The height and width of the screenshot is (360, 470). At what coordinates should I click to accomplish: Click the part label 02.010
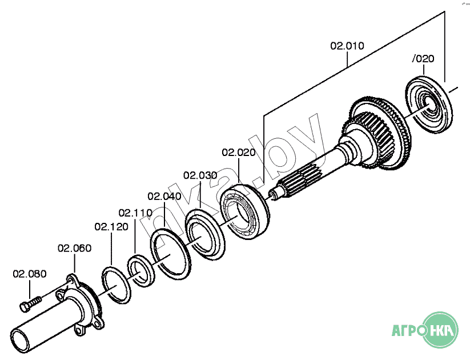pos(347,46)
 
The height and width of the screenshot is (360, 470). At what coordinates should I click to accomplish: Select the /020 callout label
pos(423,59)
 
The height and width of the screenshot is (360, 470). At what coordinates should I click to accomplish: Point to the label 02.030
pos(200,175)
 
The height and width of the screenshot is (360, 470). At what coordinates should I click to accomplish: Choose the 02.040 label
pos(164,197)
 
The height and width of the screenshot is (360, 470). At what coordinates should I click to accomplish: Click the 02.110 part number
pos(135,213)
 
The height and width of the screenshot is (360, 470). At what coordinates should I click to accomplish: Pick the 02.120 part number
pos(112,227)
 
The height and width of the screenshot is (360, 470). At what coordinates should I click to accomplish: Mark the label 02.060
pos(74,248)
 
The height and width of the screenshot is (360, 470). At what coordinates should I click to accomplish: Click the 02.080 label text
pos(30,274)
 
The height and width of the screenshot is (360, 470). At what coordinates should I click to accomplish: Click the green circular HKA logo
pos(441,330)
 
